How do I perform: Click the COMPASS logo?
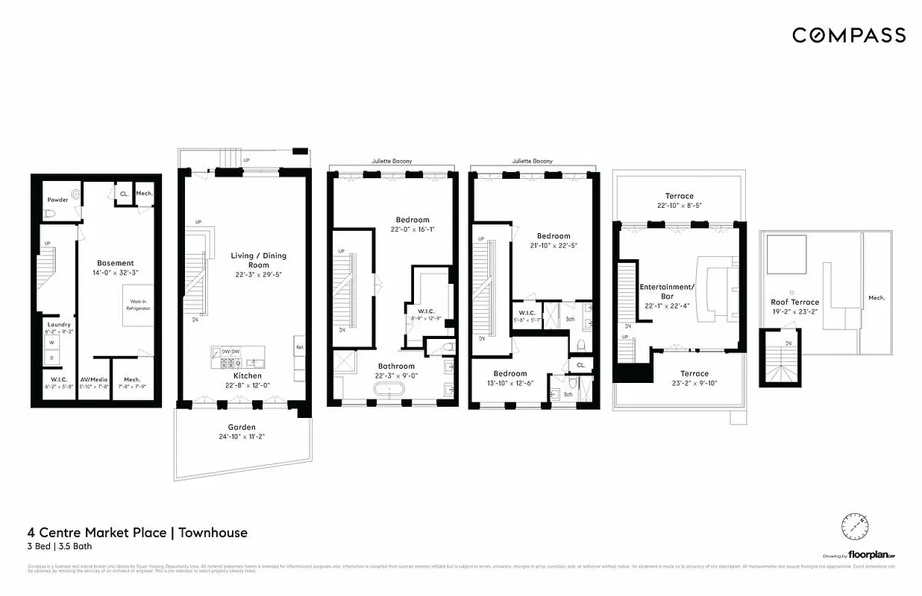[848, 35]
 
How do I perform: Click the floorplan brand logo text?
[871, 555]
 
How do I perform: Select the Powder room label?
[57, 200]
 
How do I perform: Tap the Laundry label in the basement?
[58, 325]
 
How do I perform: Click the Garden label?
[242, 427]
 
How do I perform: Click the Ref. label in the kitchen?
[299, 347]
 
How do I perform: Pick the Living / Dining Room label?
[258, 260]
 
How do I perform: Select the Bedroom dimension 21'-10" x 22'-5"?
[553, 245]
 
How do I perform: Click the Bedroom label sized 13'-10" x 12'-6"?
[509, 373]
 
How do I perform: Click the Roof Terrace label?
[794, 302]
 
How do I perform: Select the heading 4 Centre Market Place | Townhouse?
[137, 533]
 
